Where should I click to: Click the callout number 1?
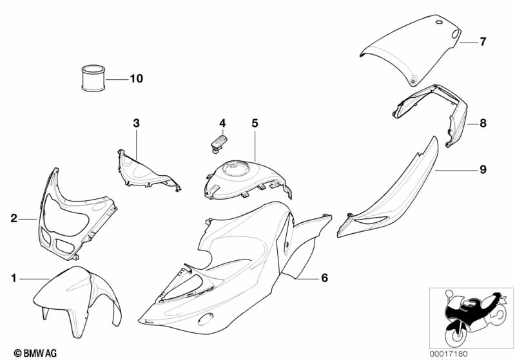14,278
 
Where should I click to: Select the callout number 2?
14,218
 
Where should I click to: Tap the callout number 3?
136,124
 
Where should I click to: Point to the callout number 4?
222,124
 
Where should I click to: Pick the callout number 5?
255,124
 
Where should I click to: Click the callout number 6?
324,278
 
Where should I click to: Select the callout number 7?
483,42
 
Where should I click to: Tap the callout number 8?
483,124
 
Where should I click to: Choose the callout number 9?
483,169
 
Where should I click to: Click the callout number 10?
137,79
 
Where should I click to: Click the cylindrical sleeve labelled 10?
93,78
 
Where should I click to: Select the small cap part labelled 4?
218,143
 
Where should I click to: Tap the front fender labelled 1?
77,300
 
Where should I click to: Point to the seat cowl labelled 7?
411,49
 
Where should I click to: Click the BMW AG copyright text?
35,353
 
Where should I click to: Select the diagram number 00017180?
449,354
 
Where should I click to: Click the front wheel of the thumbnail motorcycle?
456,336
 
